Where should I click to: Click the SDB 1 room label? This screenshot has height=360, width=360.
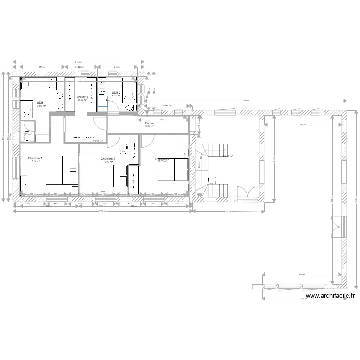tap(41, 102)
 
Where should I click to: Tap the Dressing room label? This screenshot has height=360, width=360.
tap(83, 96)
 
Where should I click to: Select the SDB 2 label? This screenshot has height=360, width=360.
tap(117, 92)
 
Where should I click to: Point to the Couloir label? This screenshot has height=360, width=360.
tap(150, 123)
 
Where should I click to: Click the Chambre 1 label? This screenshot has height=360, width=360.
tap(35, 158)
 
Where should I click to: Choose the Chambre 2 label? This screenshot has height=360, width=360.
tap(108, 158)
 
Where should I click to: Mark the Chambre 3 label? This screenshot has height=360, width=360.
tap(161, 158)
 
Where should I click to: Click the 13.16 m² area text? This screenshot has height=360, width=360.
tap(35, 162)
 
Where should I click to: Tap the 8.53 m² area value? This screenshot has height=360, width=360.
tap(83, 100)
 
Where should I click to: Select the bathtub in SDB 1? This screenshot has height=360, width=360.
tap(38, 84)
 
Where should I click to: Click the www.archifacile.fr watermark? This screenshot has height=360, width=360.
tap(331, 297)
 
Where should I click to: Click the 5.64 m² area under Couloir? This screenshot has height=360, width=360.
tap(150, 127)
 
